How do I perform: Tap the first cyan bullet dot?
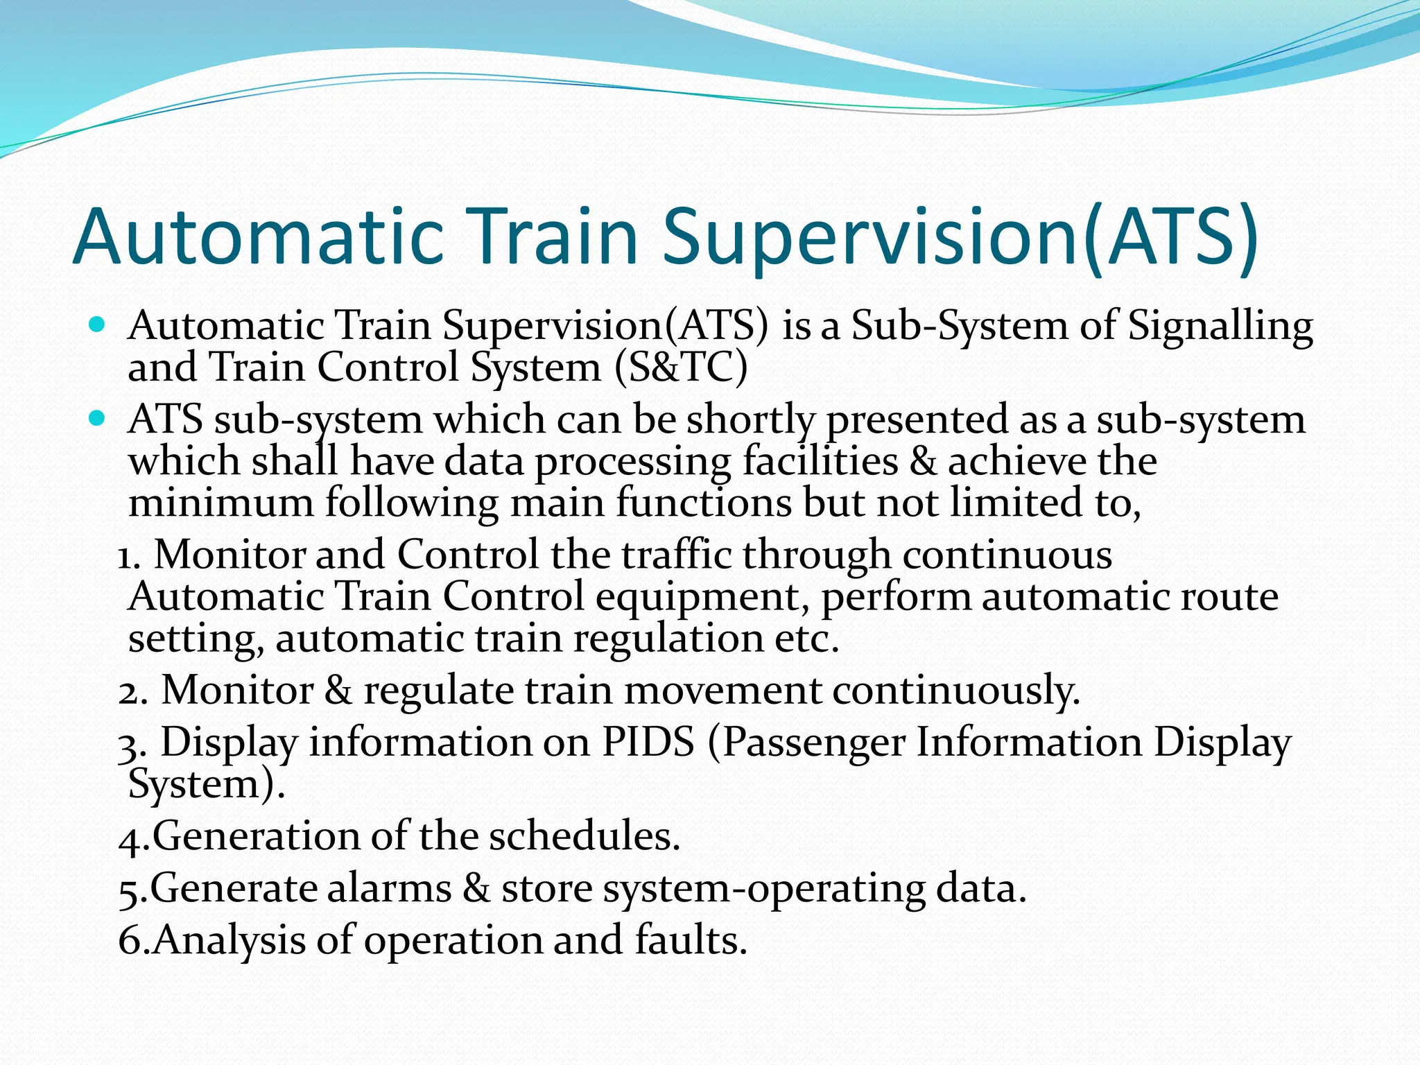pos(97,324)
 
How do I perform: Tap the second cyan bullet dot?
pos(97,418)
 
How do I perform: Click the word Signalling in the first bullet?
pos(1220,326)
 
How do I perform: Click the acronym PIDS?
pos(648,742)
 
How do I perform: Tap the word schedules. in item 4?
pos(585,836)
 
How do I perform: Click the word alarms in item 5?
pos(389,888)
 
